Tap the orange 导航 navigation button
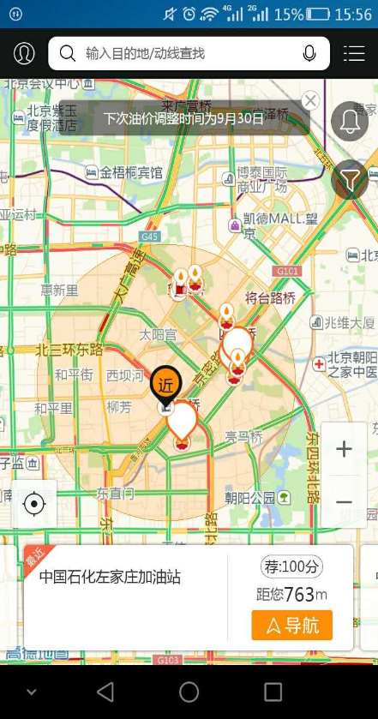click(x=291, y=626)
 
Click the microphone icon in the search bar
click(x=309, y=54)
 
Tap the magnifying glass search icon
click(x=67, y=54)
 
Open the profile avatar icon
click(x=24, y=54)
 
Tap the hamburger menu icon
click(x=354, y=54)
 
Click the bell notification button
click(x=350, y=121)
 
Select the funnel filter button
click(x=350, y=179)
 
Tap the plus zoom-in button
click(x=344, y=449)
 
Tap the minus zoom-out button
click(x=344, y=501)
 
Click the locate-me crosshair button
click(x=34, y=504)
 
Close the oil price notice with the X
click(x=310, y=100)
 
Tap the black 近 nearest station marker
click(x=165, y=385)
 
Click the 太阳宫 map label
click(x=158, y=334)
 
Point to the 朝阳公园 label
click(x=250, y=497)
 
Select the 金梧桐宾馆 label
click(x=130, y=172)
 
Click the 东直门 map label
click(x=115, y=494)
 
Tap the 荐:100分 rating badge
click(x=291, y=566)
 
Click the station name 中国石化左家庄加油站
click(x=110, y=577)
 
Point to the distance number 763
click(x=298, y=595)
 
